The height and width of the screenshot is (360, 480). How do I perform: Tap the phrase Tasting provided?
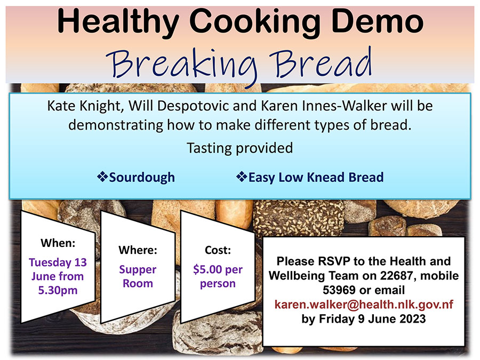coord(239,148)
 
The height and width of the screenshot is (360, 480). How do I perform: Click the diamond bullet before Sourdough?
coord(102,177)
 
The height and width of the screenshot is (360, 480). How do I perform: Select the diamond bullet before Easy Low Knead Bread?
coord(242,177)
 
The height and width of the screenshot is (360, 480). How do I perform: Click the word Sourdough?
coord(142,178)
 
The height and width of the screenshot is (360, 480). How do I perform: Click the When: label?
coord(58,243)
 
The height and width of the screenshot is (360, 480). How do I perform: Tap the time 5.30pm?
coord(58,290)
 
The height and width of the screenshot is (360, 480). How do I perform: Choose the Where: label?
coord(138,250)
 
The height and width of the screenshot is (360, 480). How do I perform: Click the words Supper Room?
coord(138,276)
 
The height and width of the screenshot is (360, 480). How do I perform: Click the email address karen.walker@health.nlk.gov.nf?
coord(364,305)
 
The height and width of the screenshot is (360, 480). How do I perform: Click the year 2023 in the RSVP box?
coord(412,319)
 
